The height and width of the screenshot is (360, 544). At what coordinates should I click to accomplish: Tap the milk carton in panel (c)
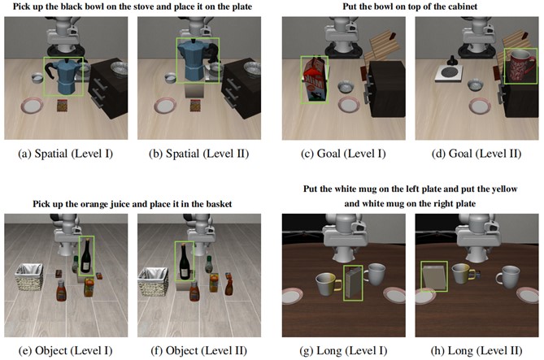tap(315, 80)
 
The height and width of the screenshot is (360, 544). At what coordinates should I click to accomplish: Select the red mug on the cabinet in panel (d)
tap(520, 66)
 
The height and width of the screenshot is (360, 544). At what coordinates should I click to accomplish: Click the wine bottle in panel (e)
tap(85, 256)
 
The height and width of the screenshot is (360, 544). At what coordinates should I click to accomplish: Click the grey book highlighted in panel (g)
tap(353, 283)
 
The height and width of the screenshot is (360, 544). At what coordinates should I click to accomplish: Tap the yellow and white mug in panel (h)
tap(463, 274)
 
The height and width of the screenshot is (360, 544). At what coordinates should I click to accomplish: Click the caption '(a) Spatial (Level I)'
tap(66, 154)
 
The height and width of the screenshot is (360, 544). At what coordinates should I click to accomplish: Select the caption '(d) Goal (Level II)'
tap(477, 154)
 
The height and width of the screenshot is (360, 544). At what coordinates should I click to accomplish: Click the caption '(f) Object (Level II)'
tap(198, 350)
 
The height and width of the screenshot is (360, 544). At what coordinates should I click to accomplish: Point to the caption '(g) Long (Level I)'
tap(343, 350)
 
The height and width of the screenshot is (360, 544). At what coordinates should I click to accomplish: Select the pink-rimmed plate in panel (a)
tap(33, 105)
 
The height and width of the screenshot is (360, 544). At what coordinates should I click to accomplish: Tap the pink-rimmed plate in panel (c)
tap(349, 105)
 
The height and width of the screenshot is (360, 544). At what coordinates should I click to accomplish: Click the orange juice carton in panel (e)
tap(89, 288)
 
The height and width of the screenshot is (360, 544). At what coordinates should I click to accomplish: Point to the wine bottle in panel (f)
tap(185, 262)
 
